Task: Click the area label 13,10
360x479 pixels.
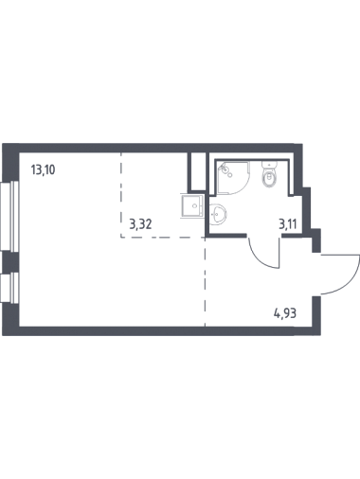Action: tap(43, 170)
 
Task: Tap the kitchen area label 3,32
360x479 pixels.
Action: tap(141, 224)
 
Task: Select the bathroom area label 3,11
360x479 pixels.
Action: tap(287, 224)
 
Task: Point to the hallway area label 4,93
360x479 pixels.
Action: tap(285, 314)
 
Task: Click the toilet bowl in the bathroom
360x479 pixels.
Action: tap(269, 178)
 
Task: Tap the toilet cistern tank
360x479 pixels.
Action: tap(269, 166)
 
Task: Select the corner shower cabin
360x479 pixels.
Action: tap(234, 177)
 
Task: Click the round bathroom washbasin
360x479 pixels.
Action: tap(218, 214)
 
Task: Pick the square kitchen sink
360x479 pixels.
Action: tap(192, 205)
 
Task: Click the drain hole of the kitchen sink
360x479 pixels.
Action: tap(194, 205)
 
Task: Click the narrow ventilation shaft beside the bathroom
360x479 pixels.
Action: tap(199, 171)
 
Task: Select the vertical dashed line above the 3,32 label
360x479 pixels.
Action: tap(121, 195)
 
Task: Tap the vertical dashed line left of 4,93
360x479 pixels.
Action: tap(206, 281)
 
